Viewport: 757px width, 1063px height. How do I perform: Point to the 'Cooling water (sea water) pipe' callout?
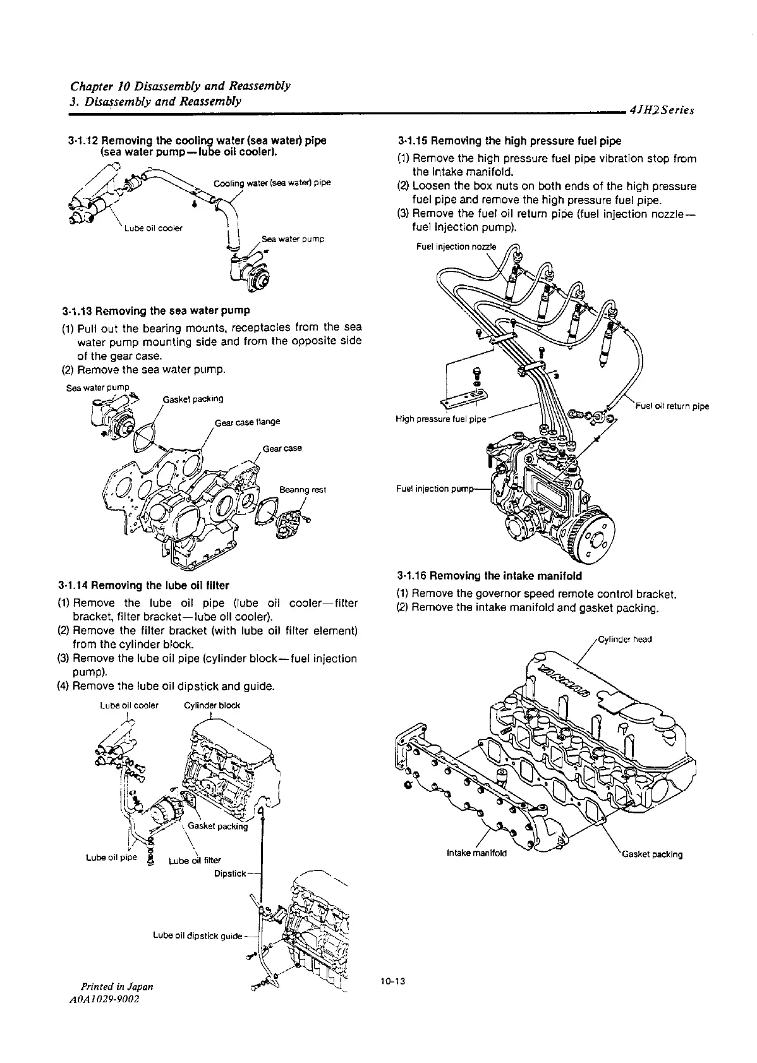point(272,183)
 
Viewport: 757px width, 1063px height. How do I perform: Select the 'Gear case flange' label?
point(247,422)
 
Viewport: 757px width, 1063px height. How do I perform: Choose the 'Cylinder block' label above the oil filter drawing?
point(212,705)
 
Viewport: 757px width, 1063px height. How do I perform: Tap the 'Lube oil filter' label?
point(195,860)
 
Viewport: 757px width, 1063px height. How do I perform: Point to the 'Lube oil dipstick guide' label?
point(198,935)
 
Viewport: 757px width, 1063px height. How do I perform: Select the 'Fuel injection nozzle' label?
point(456,246)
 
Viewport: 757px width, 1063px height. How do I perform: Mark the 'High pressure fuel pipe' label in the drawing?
point(441,419)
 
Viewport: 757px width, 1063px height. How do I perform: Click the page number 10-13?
point(392,981)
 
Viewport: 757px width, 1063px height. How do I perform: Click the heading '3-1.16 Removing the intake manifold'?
point(490,576)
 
